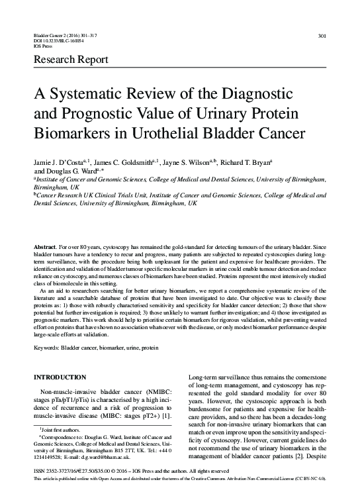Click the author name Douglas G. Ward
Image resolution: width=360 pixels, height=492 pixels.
(x=72, y=170)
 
